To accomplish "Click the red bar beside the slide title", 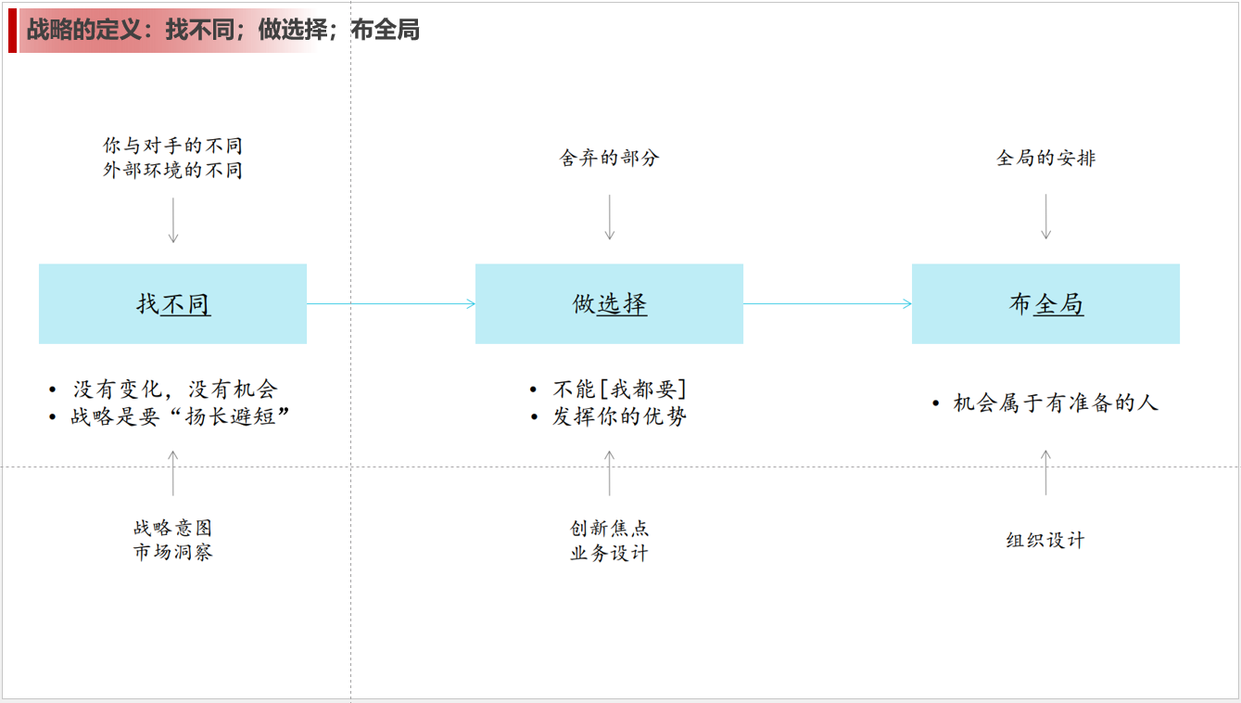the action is [x=12, y=31].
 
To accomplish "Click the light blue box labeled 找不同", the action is [x=173, y=304].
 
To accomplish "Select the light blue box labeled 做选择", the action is [x=610, y=304].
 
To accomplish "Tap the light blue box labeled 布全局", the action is [x=1046, y=304].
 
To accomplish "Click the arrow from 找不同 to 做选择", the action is [x=391, y=304].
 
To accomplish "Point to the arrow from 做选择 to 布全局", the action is [x=828, y=304].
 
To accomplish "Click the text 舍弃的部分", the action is [x=610, y=158].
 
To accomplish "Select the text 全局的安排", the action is [x=1046, y=158].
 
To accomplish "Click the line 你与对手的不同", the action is [x=173, y=146].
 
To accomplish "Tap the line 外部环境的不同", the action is [x=173, y=170].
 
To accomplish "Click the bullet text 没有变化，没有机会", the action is [x=175, y=390].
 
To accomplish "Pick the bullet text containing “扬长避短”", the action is [x=181, y=416].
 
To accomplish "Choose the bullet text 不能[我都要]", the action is [x=619, y=390].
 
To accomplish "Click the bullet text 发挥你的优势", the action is [x=619, y=416].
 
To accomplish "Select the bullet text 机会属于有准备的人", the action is [x=1056, y=403].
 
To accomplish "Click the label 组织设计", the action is [x=1046, y=540].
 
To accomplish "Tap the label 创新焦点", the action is [x=610, y=528].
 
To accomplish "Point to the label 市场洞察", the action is [x=173, y=552].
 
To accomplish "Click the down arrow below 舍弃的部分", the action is [x=610, y=217].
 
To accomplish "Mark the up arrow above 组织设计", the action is [x=1046, y=472].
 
